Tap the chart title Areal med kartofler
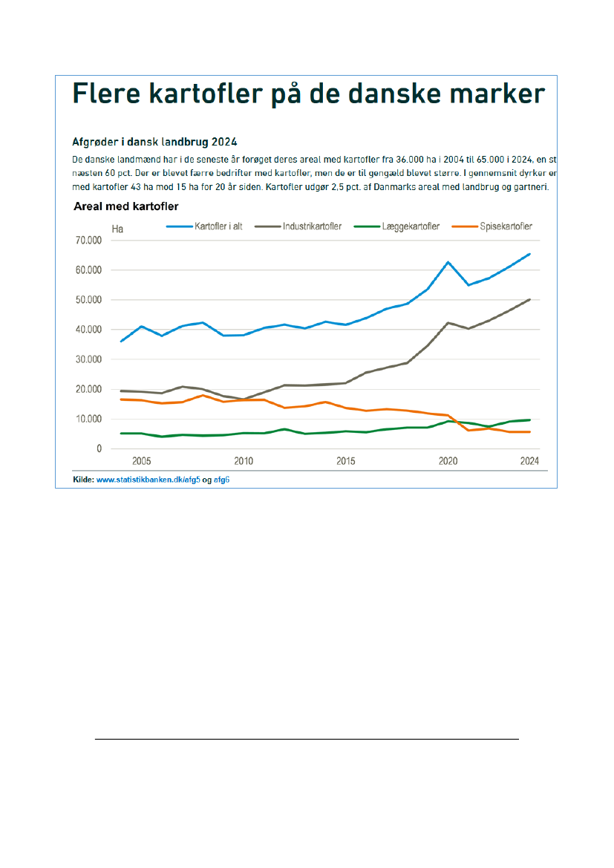pyautogui.click(x=125, y=206)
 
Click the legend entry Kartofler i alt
pyautogui.click(x=218, y=226)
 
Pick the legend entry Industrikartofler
pyautogui.click(x=312, y=226)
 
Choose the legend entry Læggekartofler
pyautogui.click(x=408, y=226)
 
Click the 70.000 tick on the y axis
pyautogui.click(x=88, y=241)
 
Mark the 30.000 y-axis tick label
pyautogui.click(x=88, y=359)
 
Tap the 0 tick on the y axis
pyautogui.click(x=98, y=448)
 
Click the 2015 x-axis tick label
pyautogui.click(x=345, y=461)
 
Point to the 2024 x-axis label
pyautogui.click(x=529, y=461)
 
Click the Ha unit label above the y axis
pyautogui.click(x=117, y=229)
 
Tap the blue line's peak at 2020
pyautogui.click(x=448, y=262)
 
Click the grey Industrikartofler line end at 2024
pyautogui.click(x=529, y=300)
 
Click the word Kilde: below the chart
pyautogui.click(x=83, y=480)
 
